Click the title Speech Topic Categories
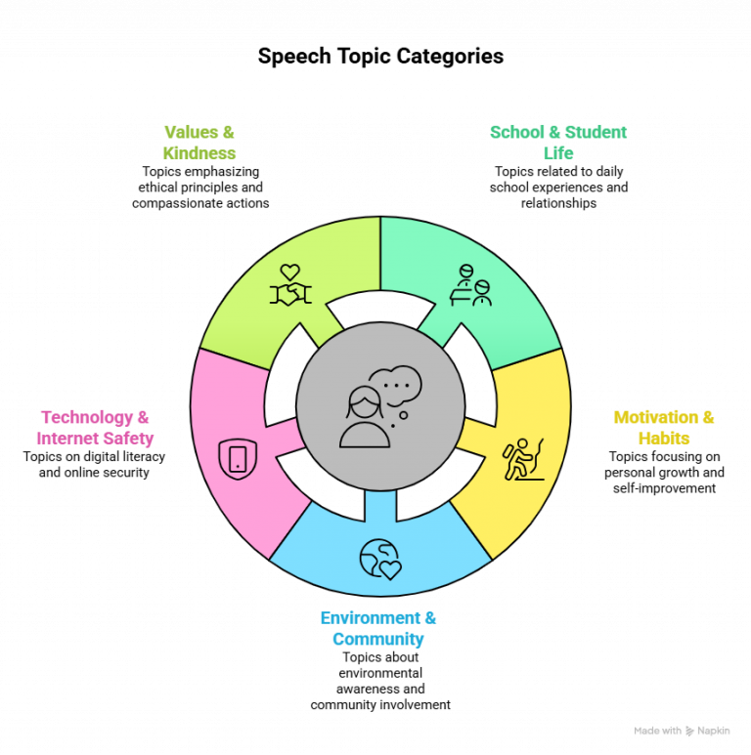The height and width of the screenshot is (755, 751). click(380, 57)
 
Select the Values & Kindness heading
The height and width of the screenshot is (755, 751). click(199, 143)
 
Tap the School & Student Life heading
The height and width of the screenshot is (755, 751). click(558, 143)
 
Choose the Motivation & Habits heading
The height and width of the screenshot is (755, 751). click(664, 428)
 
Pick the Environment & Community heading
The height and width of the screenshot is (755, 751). click(378, 628)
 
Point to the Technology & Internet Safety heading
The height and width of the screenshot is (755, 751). click(95, 428)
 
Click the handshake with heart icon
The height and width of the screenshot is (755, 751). click(290, 285)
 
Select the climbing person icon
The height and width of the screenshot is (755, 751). click(523, 459)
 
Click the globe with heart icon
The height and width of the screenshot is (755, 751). click(380, 559)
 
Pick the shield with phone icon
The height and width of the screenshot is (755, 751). click(238, 459)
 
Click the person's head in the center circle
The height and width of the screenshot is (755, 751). click(365, 403)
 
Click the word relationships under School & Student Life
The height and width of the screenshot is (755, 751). click(558, 203)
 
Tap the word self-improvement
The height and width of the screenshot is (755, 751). click(664, 488)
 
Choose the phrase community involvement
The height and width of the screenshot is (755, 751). click(380, 705)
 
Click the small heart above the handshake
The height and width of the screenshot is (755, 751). click(290, 273)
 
